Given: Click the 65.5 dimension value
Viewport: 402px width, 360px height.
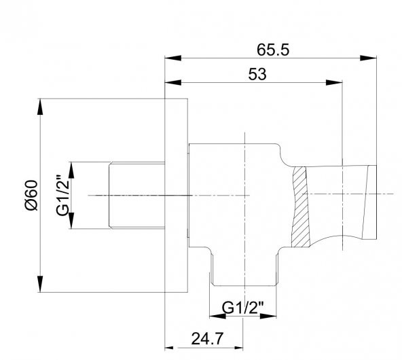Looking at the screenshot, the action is click(x=273, y=50).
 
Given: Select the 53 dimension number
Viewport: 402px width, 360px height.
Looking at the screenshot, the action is click(x=257, y=74).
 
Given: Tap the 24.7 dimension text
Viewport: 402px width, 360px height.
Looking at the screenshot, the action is click(x=207, y=338).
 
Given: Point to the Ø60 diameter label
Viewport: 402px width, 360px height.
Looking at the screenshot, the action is click(x=31, y=196).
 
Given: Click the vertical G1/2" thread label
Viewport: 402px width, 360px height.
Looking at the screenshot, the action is click(x=62, y=196).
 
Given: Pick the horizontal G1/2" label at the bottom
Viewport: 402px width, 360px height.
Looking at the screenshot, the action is click(x=243, y=308).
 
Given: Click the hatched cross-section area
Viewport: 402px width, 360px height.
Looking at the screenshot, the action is click(x=300, y=207).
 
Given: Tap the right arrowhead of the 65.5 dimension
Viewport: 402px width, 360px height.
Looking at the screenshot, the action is click(x=368, y=58).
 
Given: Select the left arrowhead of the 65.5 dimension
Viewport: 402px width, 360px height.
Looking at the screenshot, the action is click(x=173, y=58).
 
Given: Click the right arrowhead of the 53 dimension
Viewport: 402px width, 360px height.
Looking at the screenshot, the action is click(x=334, y=83).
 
